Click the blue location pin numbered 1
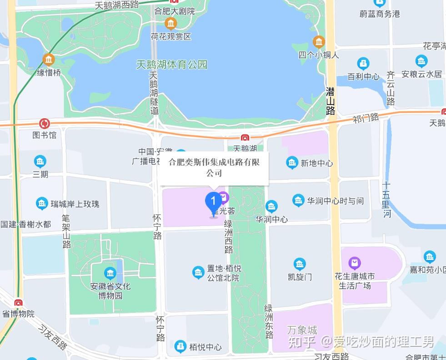pos(213,203)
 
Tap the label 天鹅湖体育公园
pos(172,65)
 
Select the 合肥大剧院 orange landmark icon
pos(170,23)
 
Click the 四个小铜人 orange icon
pos(319,42)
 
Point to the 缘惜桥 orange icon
pos(48,60)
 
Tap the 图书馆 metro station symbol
pos(45,123)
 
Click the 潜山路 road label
pos(331,101)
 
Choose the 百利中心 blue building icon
pos(363,63)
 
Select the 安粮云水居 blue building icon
pos(421,61)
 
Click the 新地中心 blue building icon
pos(292,163)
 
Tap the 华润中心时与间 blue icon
pos(298,200)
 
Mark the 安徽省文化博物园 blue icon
pos(110,273)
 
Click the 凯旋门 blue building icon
pos(300,264)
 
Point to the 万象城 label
pos(302,330)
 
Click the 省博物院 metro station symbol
pos(18,303)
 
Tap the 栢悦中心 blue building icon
pos(181,346)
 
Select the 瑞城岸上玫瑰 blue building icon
pos(42,203)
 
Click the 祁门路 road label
pos(366,118)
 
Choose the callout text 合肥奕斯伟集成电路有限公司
pos(214,167)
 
